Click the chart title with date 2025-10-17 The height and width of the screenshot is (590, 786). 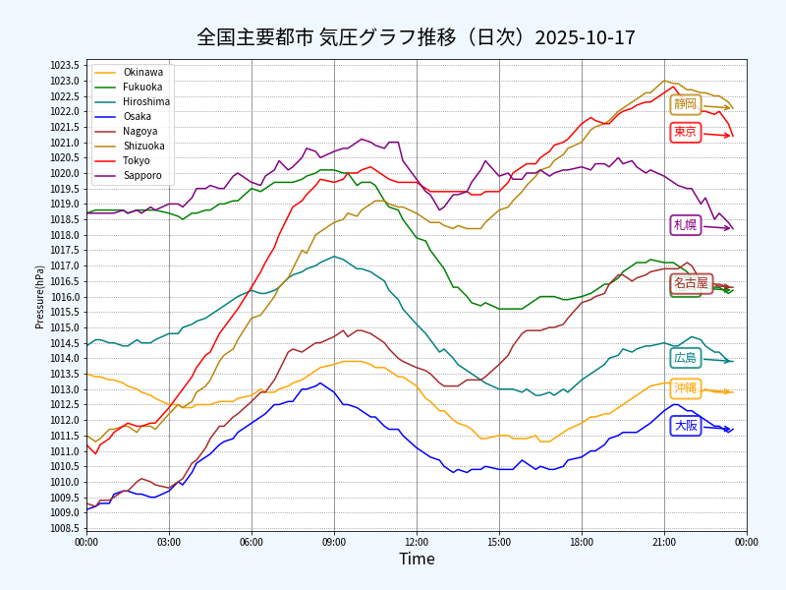(416, 37)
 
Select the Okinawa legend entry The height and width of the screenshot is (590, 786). (143, 73)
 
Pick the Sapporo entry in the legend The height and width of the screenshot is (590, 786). (143, 176)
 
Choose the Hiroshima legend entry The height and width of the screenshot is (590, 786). (146, 102)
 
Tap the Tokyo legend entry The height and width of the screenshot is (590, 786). (137, 161)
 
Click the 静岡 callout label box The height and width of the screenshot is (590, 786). (685, 104)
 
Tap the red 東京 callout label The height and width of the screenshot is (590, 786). (685, 132)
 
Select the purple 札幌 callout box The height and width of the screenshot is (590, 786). (685, 225)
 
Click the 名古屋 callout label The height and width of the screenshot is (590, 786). (691, 283)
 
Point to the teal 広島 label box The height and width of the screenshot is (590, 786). (685, 358)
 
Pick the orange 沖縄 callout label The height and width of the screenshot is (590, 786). (685, 388)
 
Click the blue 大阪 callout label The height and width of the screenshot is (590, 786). (685, 426)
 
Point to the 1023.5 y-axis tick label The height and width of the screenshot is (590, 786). (65, 66)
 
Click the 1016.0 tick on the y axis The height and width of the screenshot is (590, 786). (65, 297)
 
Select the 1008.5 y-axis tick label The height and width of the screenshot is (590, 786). (65, 528)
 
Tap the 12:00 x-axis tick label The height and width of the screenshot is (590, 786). (417, 542)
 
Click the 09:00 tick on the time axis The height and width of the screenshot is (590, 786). (334, 542)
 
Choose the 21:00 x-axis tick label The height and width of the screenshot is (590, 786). (664, 542)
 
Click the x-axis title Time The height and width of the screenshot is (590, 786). (417, 560)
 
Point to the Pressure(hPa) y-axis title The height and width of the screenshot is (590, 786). (40, 296)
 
